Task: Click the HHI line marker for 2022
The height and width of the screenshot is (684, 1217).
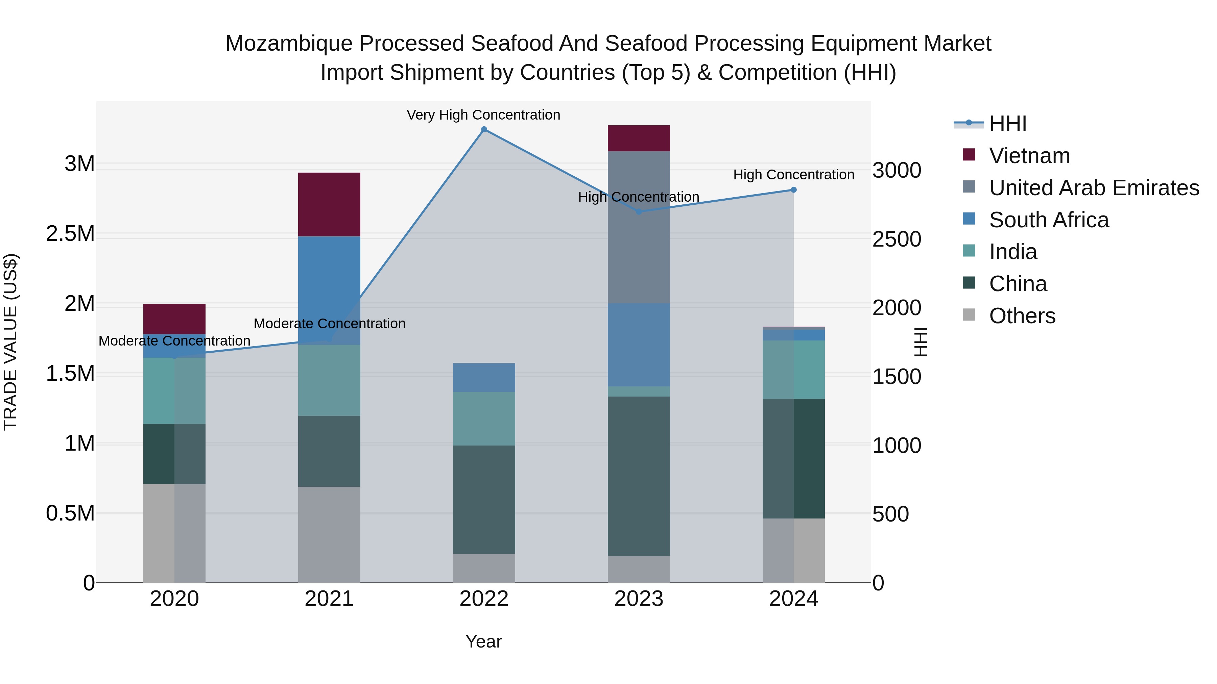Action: click(484, 129)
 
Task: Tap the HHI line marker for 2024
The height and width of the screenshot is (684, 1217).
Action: click(794, 190)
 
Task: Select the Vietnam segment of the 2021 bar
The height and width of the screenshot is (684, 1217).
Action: click(329, 204)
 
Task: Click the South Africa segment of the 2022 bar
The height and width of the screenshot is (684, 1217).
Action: click(484, 377)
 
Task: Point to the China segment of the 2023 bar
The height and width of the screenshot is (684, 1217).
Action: click(639, 476)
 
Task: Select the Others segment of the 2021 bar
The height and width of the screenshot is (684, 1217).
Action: click(329, 534)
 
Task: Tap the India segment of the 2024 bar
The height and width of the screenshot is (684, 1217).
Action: click(794, 370)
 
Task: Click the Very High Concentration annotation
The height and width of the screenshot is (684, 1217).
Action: click(483, 115)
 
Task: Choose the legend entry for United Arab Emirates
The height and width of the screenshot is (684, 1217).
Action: click(1094, 187)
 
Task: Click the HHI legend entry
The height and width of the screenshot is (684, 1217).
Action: click(1007, 124)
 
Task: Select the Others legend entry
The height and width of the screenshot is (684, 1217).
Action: click(1022, 315)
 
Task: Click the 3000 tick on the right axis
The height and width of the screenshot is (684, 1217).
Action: click(896, 171)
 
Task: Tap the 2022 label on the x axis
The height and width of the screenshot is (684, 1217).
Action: click(484, 599)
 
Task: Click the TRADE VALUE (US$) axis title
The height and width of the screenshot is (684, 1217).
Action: click(10, 342)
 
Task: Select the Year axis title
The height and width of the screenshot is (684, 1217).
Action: click(483, 641)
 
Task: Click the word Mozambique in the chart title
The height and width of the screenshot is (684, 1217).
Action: click(289, 44)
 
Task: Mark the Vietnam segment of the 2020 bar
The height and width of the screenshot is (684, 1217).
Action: click(174, 319)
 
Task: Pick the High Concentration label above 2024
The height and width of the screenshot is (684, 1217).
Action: click(794, 175)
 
